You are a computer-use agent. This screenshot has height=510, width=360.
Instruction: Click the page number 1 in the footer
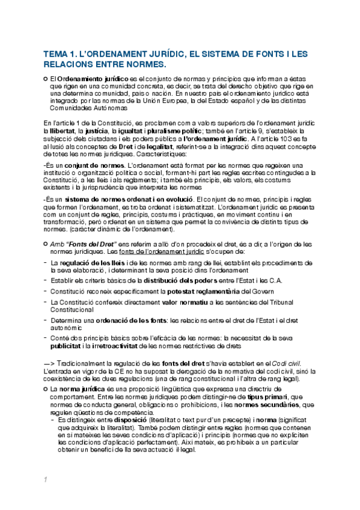[x=44, y=479]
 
